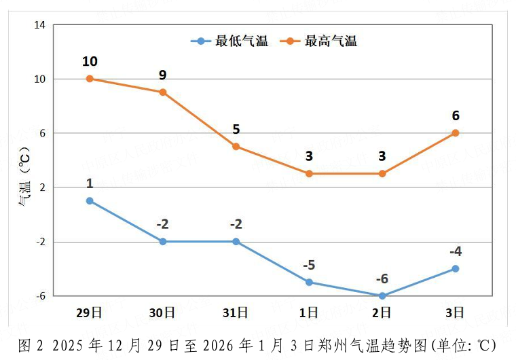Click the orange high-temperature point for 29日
90,79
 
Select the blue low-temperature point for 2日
382,295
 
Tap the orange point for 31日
236,147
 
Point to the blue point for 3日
456,269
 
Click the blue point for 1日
309,282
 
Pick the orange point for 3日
456,133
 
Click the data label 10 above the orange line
90,62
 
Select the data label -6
382,278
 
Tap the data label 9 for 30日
163,75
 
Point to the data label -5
309,265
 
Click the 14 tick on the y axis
39,25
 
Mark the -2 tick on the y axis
39,242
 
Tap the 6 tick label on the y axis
41,133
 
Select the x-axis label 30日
162,312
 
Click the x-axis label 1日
309,312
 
